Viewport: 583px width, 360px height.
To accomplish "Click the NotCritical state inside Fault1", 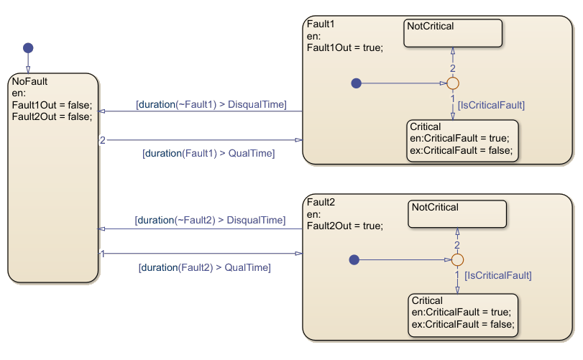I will [x=452, y=34].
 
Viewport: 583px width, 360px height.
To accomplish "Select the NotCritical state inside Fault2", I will [x=458, y=213].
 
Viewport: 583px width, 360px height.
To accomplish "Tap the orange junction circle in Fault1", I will [x=453, y=83].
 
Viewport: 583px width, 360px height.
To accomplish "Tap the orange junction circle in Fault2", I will [x=457, y=259].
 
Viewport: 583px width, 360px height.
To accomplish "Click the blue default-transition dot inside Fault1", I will [x=356, y=83].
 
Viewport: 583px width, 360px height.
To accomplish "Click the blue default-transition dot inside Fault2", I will [x=353, y=259].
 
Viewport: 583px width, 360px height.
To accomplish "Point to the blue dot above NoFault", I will [x=28, y=48].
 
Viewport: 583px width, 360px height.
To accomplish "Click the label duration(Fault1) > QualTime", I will [x=209, y=153].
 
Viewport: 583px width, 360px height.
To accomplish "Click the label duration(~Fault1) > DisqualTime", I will [x=211, y=105].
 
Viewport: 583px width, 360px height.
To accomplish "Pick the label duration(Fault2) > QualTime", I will [x=204, y=267].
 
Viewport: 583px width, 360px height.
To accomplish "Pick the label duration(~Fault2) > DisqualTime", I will [x=210, y=219].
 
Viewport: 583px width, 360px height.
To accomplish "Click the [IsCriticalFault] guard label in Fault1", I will [x=491, y=105].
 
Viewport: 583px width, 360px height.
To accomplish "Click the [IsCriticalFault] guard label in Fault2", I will [x=498, y=275].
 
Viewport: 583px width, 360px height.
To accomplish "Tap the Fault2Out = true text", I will [x=344, y=226].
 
